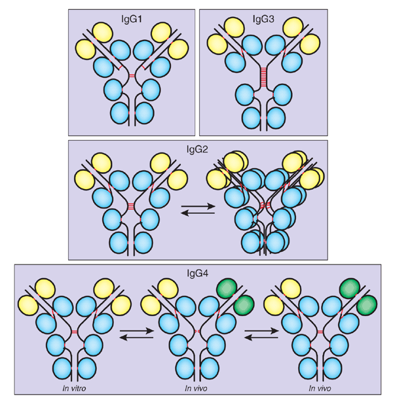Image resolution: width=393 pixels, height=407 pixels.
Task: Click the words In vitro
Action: coord(71,388)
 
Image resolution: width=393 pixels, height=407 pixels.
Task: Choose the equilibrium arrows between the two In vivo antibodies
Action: coord(259,334)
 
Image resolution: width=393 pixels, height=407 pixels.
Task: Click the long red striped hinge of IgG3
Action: coord(263,77)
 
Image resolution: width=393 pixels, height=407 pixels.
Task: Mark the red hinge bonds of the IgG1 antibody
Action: coord(132,76)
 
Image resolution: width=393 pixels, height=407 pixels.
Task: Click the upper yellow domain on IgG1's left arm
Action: coord(103,31)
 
